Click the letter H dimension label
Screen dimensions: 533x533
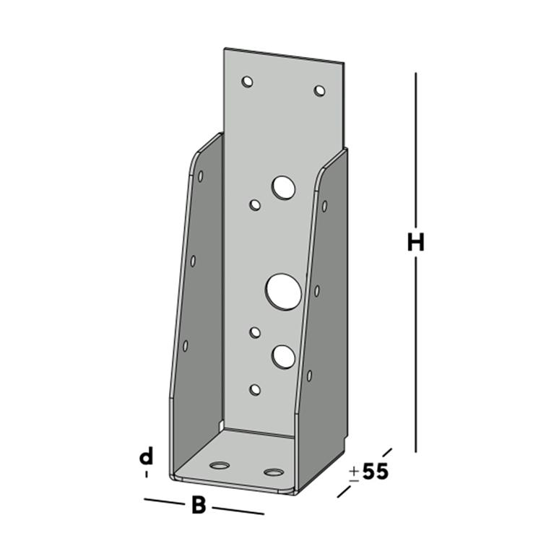(415, 243)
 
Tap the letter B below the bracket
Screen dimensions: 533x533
(198, 505)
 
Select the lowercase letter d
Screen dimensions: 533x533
(147, 456)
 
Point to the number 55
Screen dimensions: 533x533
(375, 472)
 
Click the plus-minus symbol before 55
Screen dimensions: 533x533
(354, 473)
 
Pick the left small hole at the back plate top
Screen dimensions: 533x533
(248, 82)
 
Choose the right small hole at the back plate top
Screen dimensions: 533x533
(319, 90)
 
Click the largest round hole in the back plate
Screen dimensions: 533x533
(282, 290)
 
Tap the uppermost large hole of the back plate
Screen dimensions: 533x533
(283, 188)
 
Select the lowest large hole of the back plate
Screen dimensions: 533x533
(284, 355)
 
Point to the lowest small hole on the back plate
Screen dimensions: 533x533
(254, 389)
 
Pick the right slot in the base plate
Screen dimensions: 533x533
(274, 472)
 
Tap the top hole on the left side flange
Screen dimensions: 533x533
(200, 175)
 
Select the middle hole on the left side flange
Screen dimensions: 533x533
(193, 260)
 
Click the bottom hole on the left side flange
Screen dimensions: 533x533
(186, 346)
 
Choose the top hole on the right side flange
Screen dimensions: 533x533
(324, 206)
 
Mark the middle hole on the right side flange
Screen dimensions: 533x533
(317, 290)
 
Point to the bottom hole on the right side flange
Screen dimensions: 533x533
(310, 376)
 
